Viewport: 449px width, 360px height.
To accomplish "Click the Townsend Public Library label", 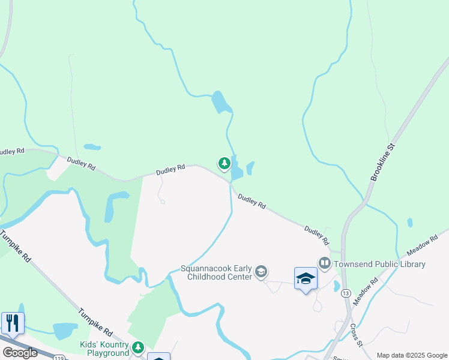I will pyautogui.click(x=379, y=264).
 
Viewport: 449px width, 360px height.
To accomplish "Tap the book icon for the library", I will pyautogui.click(x=325, y=263).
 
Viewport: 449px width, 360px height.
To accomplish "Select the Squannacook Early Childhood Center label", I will pyautogui.click(x=217, y=272).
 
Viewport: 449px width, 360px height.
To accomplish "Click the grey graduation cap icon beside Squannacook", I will pyautogui.click(x=261, y=272).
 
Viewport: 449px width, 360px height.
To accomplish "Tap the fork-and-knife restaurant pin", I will pyautogui.click(x=13, y=323).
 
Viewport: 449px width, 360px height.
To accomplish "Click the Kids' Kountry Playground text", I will pyautogui.click(x=104, y=349).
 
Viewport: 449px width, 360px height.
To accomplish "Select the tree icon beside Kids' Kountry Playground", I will pyautogui.click(x=139, y=348).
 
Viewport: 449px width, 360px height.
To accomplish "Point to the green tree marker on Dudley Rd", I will pyautogui.click(x=224, y=163).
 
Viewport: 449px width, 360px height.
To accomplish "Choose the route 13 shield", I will pyautogui.click(x=346, y=293).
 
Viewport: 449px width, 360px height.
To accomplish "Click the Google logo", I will pyautogui.click(x=20, y=353).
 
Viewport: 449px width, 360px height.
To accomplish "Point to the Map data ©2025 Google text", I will pyautogui.click(x=412, y=355).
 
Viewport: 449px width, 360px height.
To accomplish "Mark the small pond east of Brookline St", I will pyautogui.click(x=410, y=223).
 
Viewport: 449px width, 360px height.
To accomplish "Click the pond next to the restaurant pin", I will pyautogui.click(x=65, y=331).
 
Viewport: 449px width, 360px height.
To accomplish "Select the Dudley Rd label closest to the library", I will pyautogui.click(x=317, y=235).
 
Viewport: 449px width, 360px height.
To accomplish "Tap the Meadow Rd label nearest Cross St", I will pyautogui.click(x=365, y=291).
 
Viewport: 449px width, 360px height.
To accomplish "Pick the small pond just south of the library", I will pyautogui.click(x=337, y=286).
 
